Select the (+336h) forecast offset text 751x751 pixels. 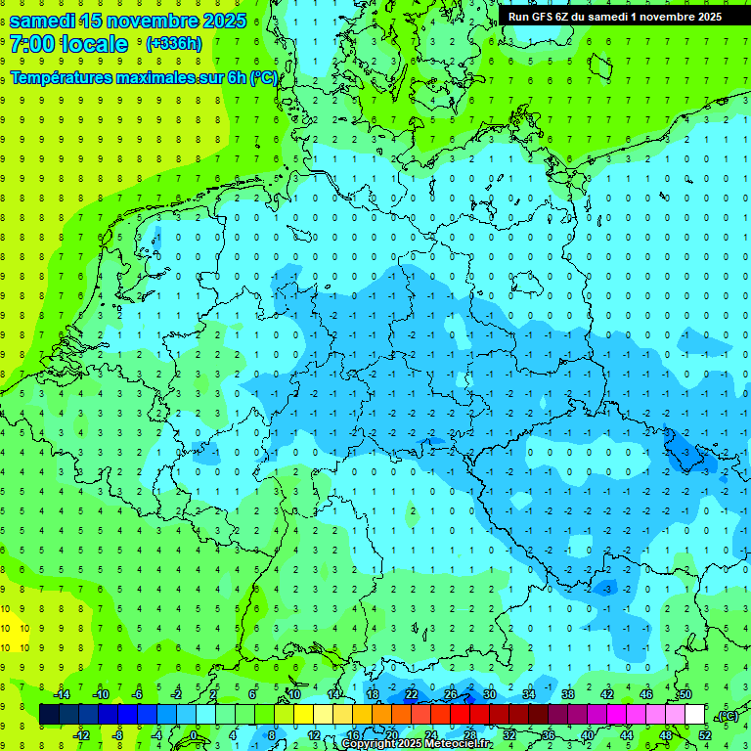[173, 44]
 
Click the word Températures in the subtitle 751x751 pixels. [62, 78]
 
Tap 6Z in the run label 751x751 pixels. [565, 17]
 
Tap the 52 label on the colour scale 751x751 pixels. [704, 734]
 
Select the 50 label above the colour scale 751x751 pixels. [685, 694]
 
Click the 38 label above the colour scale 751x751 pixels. [567, 694]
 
